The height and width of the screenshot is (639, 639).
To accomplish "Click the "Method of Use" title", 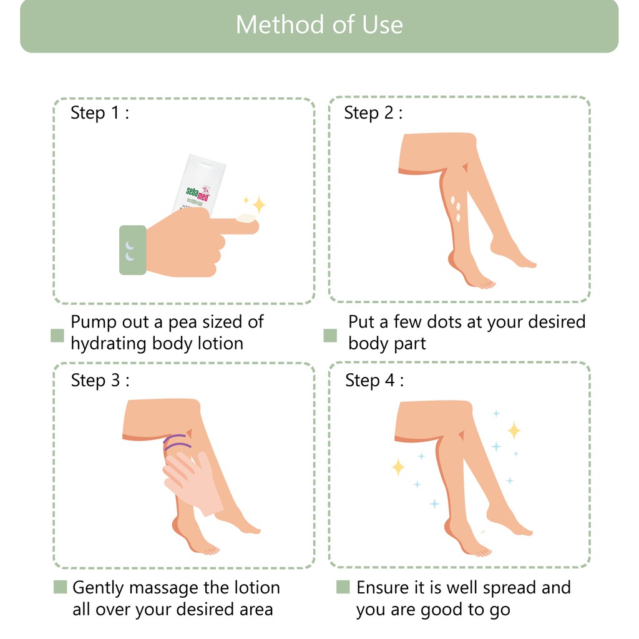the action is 319,24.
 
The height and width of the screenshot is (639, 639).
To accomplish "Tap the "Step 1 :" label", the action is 100,112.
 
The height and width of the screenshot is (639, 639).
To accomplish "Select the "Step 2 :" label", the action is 373,112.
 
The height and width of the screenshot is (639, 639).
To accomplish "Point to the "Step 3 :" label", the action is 100,380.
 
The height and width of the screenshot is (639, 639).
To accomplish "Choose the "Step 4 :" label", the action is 374,380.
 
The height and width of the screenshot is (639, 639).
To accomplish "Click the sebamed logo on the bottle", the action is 198,193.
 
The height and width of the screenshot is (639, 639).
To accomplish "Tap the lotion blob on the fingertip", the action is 246,218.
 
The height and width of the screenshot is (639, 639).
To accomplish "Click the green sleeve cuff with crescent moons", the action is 133,250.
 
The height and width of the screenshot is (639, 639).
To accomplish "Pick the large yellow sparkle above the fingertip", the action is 259,204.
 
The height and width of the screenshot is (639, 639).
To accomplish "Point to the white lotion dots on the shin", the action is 456,208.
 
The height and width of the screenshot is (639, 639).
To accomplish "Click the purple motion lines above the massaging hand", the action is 177,442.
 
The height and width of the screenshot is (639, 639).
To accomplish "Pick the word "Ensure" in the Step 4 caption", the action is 383,588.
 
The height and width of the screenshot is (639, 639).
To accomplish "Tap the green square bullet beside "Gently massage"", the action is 60,587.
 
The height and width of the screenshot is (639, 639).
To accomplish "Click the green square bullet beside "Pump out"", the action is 57,335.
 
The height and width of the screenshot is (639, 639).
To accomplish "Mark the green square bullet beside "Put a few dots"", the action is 330,335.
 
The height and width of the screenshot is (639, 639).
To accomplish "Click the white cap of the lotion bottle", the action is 207,160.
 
